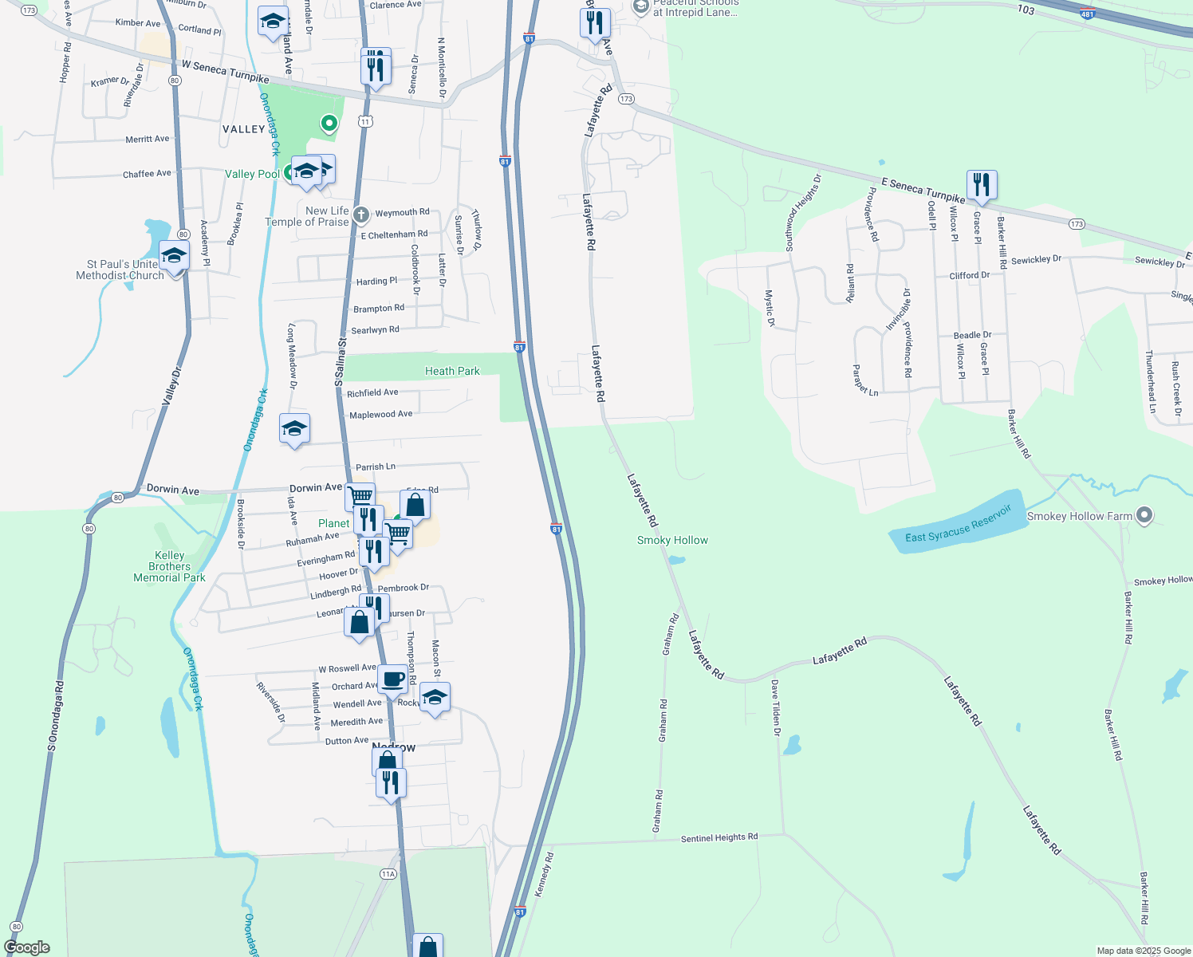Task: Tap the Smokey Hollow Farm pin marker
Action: click(x=1144, y=515)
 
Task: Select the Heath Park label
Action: click(x=452, y=371)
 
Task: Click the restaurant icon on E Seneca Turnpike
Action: click(x=982, y=185)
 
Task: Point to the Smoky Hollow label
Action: click(x=672, y=540)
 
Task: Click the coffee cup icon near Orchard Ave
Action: click(x=392, y=679)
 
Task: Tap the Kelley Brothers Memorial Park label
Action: click(x=169, y=566)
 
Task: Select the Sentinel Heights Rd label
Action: click(x=719, y=837)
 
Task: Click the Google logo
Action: click(x=27, y=947)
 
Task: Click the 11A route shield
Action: click(x=388, y=874)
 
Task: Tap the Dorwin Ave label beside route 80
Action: click(x=172, y=490)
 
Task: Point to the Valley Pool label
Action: click(x=252, y=174)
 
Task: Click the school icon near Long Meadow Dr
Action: click(x=294, y=429)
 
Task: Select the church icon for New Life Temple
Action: click(x=360, y=214)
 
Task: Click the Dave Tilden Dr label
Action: click(x=775, y=707)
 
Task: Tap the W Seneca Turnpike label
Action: click(x=225, y=72)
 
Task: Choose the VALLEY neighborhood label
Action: click(x=243, y=129)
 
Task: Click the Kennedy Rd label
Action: click(x=544, y=875)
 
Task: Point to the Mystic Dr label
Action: click(x=770, y=308)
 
